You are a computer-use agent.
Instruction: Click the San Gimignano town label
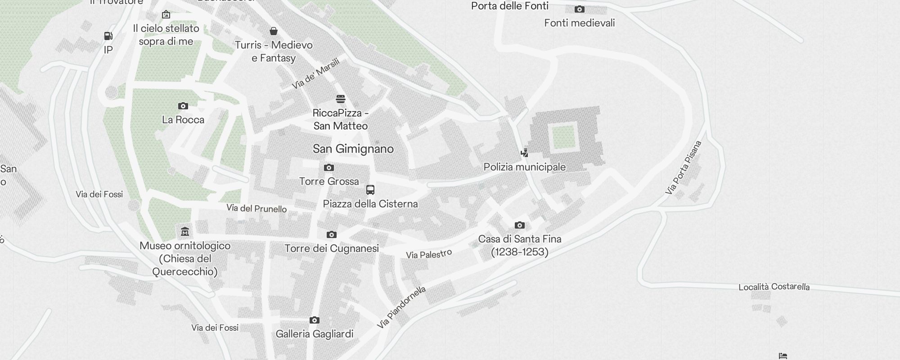pos(353,149)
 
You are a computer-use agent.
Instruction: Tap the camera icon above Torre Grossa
pos(329,168)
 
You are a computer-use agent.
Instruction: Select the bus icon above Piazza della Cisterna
pos(370,190)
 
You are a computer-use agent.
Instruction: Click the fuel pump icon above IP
pos(108,36)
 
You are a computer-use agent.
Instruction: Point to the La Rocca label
pos(183,120)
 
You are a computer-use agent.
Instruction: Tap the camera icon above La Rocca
pos(183,106)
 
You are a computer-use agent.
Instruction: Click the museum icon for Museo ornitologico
pos(184,232)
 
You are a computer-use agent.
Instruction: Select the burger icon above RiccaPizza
pos(341,99)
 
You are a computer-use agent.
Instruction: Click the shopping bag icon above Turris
pos(274,31)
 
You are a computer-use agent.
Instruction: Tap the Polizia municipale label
pos(525,167)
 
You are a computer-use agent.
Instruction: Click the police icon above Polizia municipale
pos(524,153)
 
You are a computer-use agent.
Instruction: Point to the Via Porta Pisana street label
pos(684,168)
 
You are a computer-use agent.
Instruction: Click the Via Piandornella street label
pos(402,307)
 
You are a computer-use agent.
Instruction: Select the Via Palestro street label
pos(429,254)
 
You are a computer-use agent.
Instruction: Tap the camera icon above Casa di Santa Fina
pos(520,225)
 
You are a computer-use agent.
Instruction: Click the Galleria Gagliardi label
pos(315,334)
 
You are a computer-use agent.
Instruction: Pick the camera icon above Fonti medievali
pos(580,9)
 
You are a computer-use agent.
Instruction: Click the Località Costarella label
pos(774,287)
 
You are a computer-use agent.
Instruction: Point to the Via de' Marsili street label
pos(315,73)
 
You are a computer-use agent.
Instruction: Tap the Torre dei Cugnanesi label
pos(332,248)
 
